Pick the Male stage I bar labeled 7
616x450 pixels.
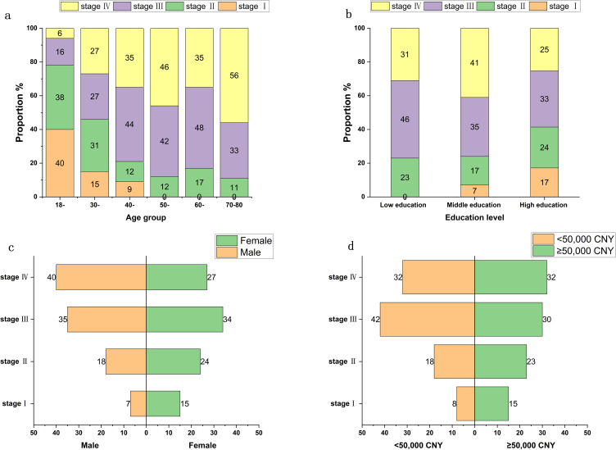[x=138, y=403]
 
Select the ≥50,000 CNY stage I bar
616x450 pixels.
[x=491, y=403]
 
